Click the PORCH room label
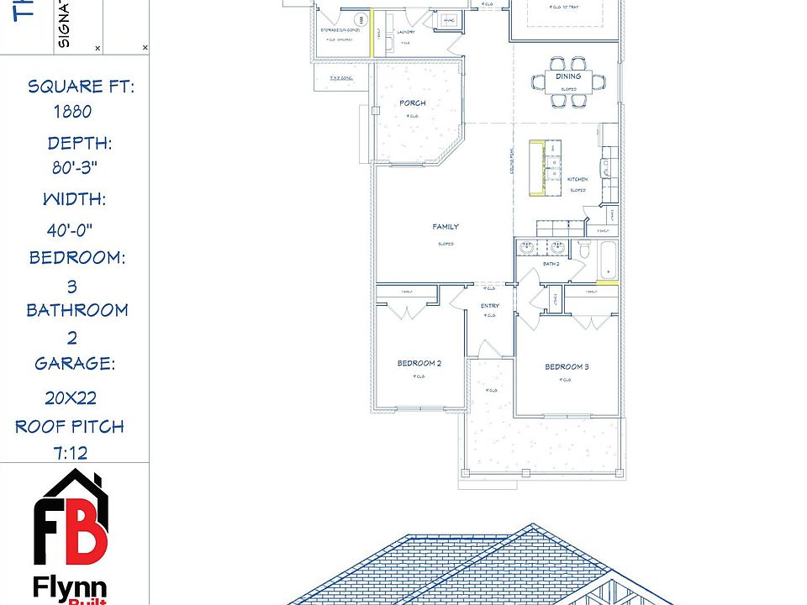pyautogui.click(x=413, y=103)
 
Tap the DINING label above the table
pyautogui.click(x=568, y=76)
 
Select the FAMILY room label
pyautogui.click(x=446, y=227)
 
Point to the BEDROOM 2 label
pyautogui.click(x=419, y=364)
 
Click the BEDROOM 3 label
pyautogui.click(x=567, y=367)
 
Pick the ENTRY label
pyautogui.click(x=490, y=306)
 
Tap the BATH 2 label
pyautogui.click(x=551, y=264)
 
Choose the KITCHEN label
pyautogui.click(x=578, y=180)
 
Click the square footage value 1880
pyautogui.click(x=72, y=112)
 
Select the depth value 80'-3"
pyautogui.click(x=76, y=167)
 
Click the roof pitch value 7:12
pyautogui.click(x=71, y=454)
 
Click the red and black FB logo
pyautogui.click(x=71, y=520)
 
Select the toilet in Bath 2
pyautogui.click(x=584, y=249)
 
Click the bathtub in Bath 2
pyautogui.click(x=607, y=260)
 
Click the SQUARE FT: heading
pyautogui.click(x=82, y=87)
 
